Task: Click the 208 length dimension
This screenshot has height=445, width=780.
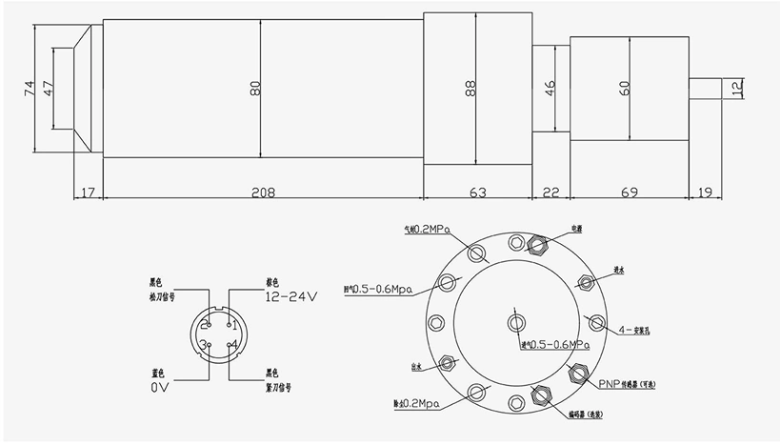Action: pyautogui.click(x=263, y=192)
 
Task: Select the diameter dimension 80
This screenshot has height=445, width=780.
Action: pyautogui.click(x=254, y=88)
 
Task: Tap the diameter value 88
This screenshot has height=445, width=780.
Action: pyautogui.click(x=470, y=88)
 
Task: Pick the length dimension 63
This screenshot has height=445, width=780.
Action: pyautogui.click(x=477, y=192)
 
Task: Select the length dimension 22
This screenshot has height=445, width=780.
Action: pyautogui.click(x=550, y=192)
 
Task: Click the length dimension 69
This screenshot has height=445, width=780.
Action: pyautogui.click(x=629, y=192)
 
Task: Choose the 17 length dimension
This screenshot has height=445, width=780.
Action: pyautogui.click(x=88, y=192)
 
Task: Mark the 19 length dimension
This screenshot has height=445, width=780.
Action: pyautogui.click(x=706, y=192)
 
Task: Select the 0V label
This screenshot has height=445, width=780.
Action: pyautogui.click(x=160, y=389)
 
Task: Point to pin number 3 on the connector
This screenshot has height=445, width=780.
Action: pyautogui.click(x=202, y=344)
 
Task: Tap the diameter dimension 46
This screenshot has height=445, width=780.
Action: pyautogui.click(x=549, y=88)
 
